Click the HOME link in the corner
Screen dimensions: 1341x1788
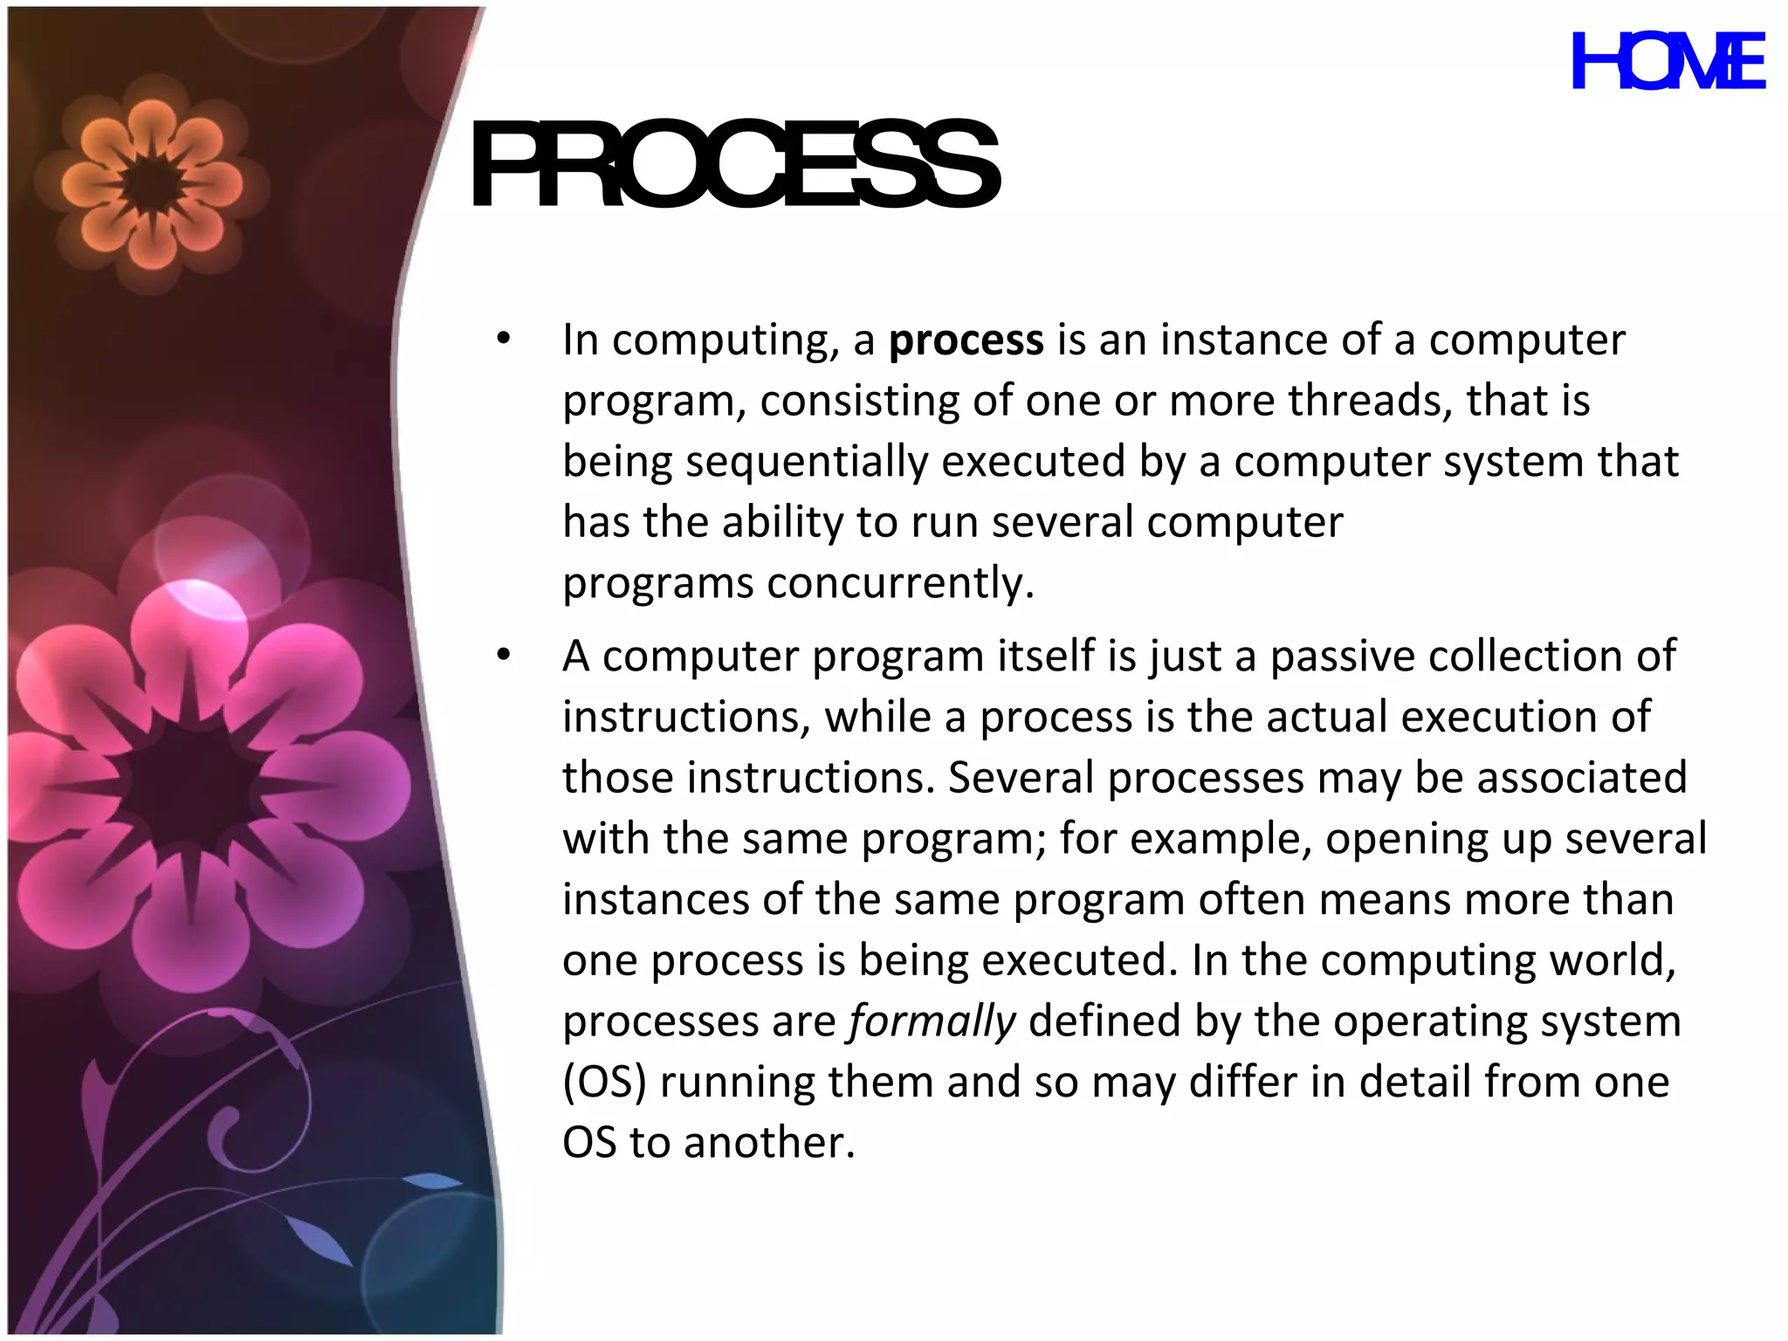pyautogui.click(x=1668, y=62)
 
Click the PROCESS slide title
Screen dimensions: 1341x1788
pyautogui.click(x=734, y=165)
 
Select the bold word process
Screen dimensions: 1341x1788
pyautogui.click(x=966, y=340)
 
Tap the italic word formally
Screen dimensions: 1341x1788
pyautogui.click(x=932, y=1021)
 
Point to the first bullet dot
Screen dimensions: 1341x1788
pyautogui.click(x=503, y=339)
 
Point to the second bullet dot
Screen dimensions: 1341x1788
pyautogui.click(x=503, y=655)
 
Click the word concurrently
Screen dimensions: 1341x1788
pyautogui.click(x=900, y=583)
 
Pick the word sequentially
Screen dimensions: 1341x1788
pyautogui.click(x=806, y=462)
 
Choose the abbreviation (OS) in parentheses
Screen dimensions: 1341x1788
pyautogui.click(x=604, y=1083)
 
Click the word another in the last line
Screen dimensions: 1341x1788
pyautogui.click(x=769, y=1143)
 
